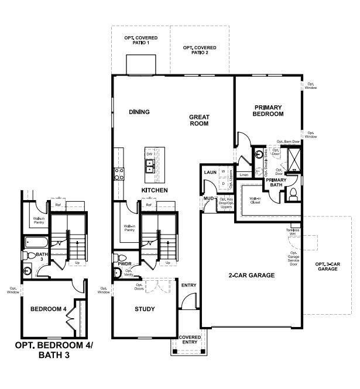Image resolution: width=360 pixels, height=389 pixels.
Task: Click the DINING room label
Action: [139, 112]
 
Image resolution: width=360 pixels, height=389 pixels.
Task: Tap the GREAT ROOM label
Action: [199, 121]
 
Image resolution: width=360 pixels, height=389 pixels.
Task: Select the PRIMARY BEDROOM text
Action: [268, 111]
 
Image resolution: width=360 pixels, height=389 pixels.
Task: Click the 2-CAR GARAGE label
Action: [251, 275]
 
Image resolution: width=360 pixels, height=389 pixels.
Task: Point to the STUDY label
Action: [145, 309]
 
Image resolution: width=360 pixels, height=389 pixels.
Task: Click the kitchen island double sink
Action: [150, 166]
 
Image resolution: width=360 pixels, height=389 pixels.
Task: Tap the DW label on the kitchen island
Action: [150, 154]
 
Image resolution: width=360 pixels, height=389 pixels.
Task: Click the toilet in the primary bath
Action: [294, 194]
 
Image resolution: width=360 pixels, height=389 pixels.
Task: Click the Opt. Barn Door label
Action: [288, 142]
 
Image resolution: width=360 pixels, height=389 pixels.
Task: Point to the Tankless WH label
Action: [293, 232]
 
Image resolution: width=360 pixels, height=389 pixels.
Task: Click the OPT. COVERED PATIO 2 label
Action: [199, 50]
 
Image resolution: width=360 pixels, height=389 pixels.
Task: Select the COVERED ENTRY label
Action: [190, 339]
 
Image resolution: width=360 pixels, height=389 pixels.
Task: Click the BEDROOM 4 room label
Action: [44, 309]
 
